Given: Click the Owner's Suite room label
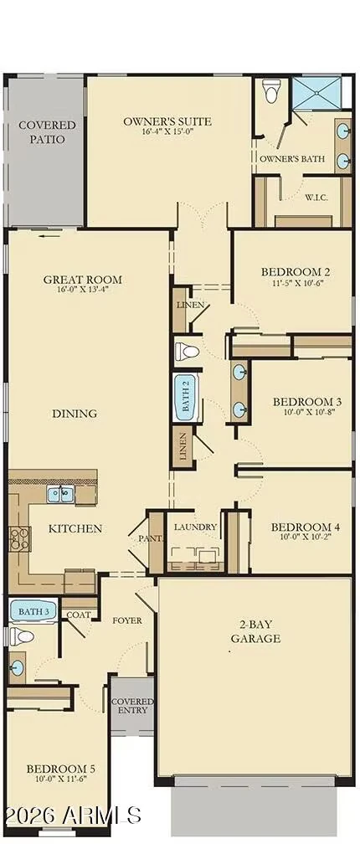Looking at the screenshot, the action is click(x=167, y=121).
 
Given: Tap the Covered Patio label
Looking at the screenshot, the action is click(x=47, y=132).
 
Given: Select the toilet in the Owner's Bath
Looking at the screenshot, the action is click(x=270, y=91).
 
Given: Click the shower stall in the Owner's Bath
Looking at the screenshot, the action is click(x=316, y=93).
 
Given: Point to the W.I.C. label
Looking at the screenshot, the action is click(x=316, y=197).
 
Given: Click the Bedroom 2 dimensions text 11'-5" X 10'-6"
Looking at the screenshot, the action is click(x=296, y=283).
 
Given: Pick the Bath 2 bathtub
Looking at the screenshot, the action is click(x=186, y=397).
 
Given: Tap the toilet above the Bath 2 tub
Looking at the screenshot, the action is click(x=187, y=352).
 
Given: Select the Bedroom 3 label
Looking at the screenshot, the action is click(x=307, y=402).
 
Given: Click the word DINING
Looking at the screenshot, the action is click(x=75, y=414).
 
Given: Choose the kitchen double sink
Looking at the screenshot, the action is click(x=60, y=495).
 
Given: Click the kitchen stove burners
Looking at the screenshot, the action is click(x=17, y=538).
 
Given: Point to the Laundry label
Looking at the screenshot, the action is click(x=196, y=527).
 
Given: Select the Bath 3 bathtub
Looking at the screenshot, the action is click(x=33, y=612).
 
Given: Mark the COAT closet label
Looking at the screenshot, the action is click(x=79, y=615).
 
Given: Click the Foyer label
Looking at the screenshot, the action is click(x=127, y=620).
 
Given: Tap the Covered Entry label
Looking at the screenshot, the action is click(x=132, y=707).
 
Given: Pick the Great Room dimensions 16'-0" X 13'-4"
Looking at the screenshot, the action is click(x=82, y=289).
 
